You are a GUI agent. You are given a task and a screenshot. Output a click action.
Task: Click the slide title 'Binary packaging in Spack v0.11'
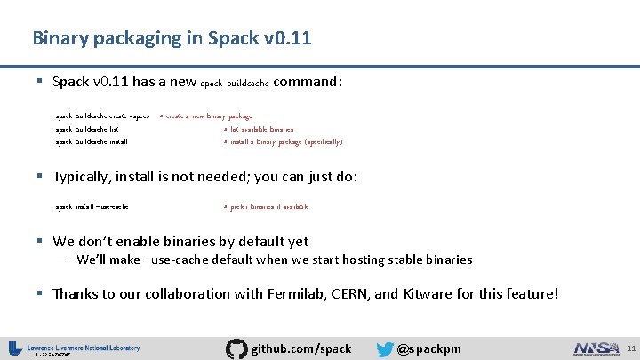(x=172, y=38)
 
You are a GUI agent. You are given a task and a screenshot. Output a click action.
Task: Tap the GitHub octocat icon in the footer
(x=236, y=348)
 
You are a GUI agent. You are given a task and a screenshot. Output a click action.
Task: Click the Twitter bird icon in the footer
(x=385, y=348)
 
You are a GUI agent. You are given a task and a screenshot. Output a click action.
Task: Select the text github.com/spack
(x=301, y=348)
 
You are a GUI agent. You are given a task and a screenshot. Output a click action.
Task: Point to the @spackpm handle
(x=428, y=348)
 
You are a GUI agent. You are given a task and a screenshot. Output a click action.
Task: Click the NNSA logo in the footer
(x=596, y=348)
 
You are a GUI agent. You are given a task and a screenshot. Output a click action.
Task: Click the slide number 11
(x=629, y=348)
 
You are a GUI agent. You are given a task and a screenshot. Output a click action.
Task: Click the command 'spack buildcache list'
(x=87, y=129)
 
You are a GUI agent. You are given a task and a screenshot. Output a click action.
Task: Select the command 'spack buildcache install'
(x=92, y=141)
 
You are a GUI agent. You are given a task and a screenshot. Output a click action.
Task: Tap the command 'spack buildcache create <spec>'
(x=102, y=116)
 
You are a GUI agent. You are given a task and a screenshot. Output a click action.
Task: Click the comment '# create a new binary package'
(x=206, y=116)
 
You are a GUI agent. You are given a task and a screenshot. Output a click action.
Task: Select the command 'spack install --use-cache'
(x=92, y=206)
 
